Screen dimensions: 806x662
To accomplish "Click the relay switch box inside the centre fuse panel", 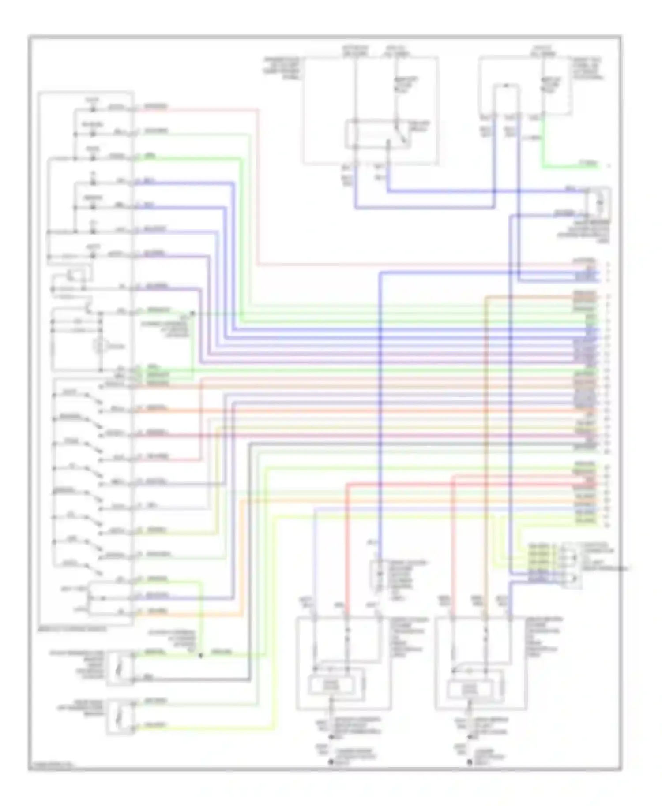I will pos(378,134).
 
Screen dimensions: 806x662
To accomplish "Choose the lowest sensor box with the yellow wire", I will pos(120,717).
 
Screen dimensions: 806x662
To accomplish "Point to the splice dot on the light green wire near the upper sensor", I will pos(201,656).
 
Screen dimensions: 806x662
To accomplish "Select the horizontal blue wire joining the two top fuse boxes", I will pos(424,207).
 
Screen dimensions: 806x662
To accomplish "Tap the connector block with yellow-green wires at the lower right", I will pos(571,566).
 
